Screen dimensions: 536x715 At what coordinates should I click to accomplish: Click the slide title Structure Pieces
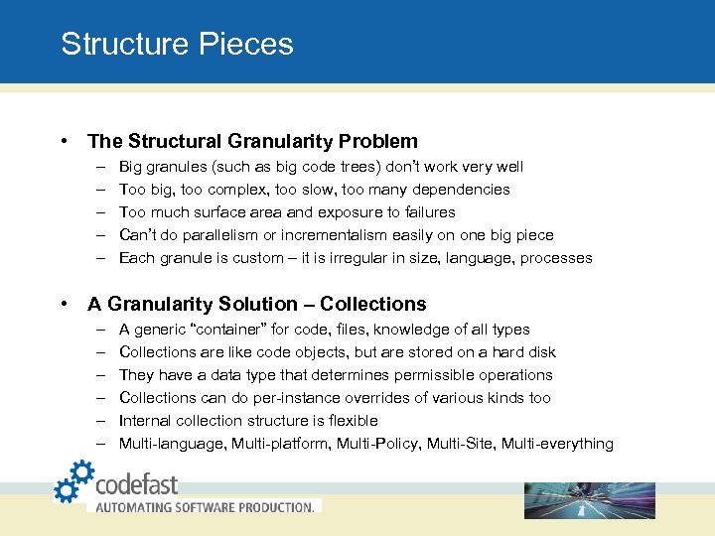pyautogui.click(x=177, y=45)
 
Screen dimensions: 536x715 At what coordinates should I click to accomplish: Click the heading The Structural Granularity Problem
pyautogui.click(x=252, y=141)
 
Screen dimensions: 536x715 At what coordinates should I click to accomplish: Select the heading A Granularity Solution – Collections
pyautogui.click(x=256, y=304)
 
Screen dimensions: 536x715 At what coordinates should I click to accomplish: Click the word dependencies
pyautogui.click(x=457, y=190)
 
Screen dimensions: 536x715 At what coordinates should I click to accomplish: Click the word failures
pyautogui.click(x=426, y=212)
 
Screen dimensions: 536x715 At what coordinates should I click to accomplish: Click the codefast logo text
pyautogui.click(x=136, y=483)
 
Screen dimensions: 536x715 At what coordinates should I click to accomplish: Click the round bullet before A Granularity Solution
pyautogui.click(x=64, y=304)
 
